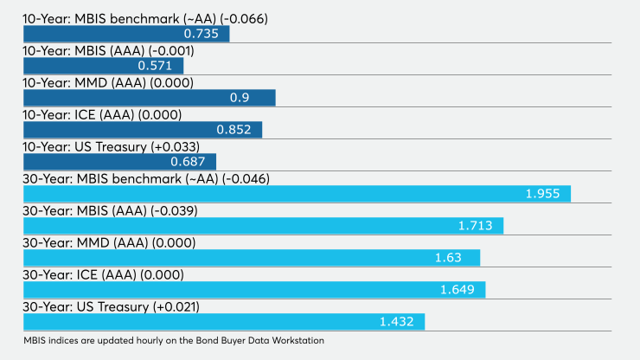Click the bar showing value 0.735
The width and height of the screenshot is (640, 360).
click(x=125, y=34)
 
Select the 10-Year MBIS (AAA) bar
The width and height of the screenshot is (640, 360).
click(x=103, y=66)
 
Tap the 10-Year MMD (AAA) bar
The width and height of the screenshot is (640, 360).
click(x=149, y=98)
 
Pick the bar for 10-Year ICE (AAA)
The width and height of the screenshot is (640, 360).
click(x=142, y=130)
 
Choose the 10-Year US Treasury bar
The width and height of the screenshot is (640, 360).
click(x=119, y=162)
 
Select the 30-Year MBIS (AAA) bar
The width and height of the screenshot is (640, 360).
click(x=263, y=226)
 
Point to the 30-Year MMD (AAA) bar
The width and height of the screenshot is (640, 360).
click(x=251, y=258)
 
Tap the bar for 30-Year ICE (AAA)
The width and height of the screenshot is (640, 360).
click(x=253, y=290)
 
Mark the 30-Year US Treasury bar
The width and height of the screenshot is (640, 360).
click(x=223, y=322)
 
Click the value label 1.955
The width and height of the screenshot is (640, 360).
click(x=543, y=194)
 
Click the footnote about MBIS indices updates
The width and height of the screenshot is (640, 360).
click(x=174, y=341)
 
